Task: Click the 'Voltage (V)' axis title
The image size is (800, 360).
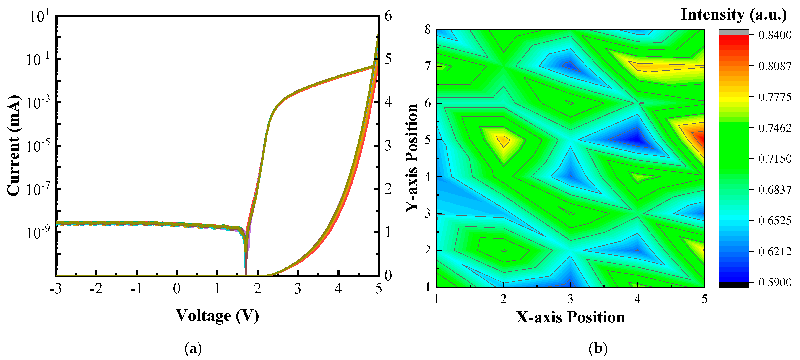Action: click(x=217, y=316)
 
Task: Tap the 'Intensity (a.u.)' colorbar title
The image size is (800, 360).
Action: click(x=734, y=15)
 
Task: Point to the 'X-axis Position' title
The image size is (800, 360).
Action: click(x=570, y=317)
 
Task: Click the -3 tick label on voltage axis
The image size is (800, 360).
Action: click(x=56, y=289)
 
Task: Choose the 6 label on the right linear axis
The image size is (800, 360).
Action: click(x=388, y=16)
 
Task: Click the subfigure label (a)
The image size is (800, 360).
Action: click(x=193, y=348)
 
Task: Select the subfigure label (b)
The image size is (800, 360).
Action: click(x=598, y=348)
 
